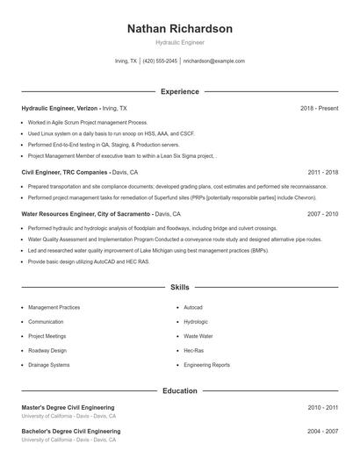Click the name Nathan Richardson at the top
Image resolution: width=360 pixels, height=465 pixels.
point(180,29)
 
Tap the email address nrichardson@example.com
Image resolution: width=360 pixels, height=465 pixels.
point(213,61)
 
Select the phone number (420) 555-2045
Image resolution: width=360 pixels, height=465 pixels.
point(160,61)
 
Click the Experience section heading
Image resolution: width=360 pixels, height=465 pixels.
point(180,91)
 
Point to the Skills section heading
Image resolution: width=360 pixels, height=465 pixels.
point(180,287)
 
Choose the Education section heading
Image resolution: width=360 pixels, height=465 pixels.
point(180,390)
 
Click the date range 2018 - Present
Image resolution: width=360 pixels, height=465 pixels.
point(319,108)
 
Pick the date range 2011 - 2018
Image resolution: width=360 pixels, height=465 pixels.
point(322,173)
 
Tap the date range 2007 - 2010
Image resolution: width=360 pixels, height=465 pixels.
point(322,214)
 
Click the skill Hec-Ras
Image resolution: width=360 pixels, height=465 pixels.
point(193,350)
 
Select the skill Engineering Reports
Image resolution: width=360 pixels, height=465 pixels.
point(206,364)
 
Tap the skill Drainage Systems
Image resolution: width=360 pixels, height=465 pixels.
point(48,364)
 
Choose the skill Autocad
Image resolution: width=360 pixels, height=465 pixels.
point(193,308)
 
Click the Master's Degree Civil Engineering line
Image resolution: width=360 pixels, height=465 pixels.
point(68,408)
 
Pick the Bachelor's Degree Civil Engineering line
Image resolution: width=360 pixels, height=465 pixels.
point(71,432)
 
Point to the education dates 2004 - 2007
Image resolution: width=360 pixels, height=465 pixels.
point(322,432)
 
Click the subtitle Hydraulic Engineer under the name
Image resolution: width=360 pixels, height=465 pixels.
point(180,43)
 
